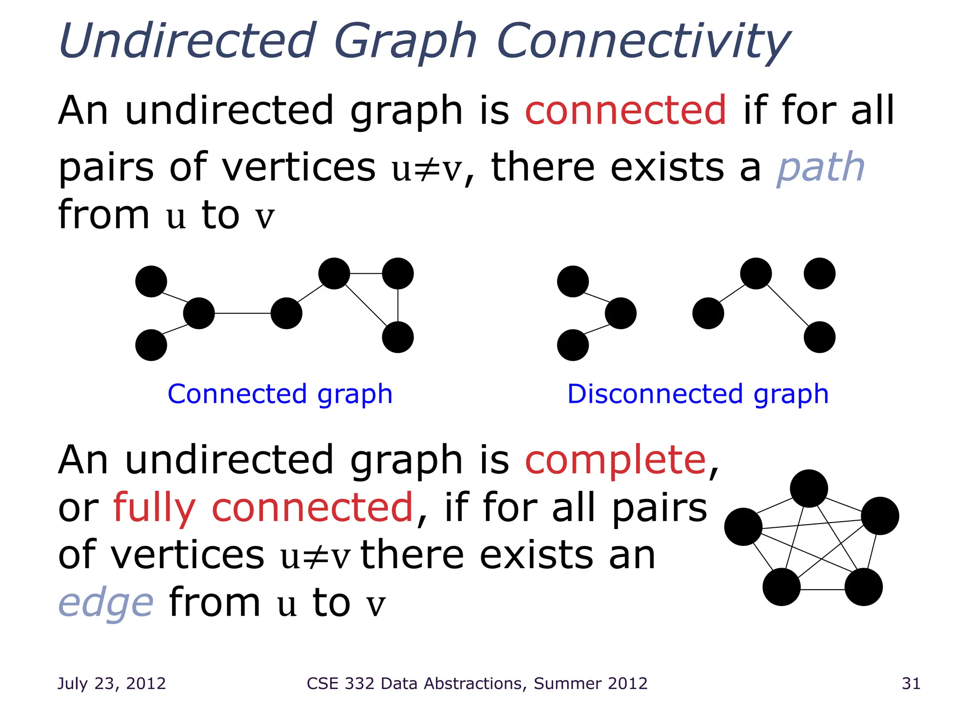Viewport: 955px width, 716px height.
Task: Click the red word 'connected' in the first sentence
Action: point(625,111)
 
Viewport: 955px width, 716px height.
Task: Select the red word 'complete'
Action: point(616,461)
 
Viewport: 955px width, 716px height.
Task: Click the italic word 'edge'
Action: point(106,603)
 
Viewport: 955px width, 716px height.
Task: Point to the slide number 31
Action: point(911,683)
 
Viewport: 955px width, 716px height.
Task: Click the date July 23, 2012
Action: point(111,683)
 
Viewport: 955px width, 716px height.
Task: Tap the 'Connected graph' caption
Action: point(280,394)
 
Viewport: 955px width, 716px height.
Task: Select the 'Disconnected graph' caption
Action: point(698,394)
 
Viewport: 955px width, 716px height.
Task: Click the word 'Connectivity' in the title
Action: point(644,42)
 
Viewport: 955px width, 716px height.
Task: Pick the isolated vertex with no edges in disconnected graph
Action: point(819,274)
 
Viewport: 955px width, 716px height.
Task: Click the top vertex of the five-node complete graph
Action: point(809,489)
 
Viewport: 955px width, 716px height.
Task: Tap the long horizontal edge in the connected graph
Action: point(242,313)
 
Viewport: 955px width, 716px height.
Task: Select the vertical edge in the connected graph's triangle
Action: point(398,305)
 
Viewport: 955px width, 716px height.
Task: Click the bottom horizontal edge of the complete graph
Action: point(823,590)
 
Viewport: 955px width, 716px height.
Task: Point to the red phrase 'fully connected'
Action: point(263,508)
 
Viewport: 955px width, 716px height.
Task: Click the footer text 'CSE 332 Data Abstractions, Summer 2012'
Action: point(477,683)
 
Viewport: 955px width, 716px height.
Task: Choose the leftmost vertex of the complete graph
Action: point(743,527)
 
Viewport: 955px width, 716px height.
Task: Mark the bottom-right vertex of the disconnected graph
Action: point(819,337)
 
